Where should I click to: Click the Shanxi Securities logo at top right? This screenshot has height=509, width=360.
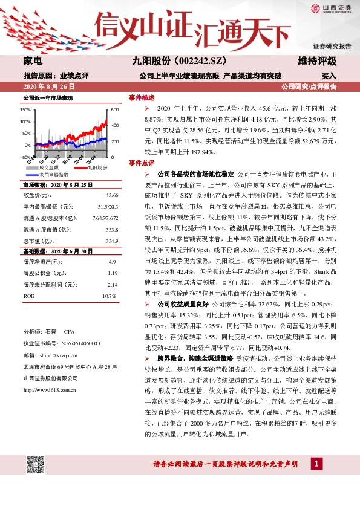[332, 8]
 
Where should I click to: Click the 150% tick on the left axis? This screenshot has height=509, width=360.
[25, 111]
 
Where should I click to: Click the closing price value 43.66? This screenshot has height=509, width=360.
[111, 195]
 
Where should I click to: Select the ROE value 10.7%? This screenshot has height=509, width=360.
[109, 296]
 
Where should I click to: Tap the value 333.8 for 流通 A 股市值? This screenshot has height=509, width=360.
[111, 229]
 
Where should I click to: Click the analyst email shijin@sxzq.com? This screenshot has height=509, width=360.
[53, 354]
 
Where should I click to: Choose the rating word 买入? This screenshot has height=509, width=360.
[329, 76]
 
